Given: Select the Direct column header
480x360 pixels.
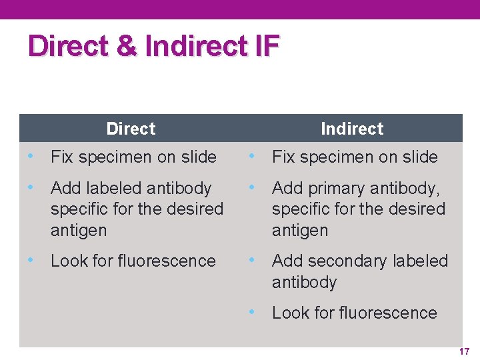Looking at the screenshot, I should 131,129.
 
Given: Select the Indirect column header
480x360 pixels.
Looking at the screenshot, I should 352,129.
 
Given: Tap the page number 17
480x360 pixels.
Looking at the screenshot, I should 464,351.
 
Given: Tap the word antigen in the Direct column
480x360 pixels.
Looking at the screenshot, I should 79,231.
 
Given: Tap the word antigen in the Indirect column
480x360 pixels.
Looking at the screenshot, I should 300,231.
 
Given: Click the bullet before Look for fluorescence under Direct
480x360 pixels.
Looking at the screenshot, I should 29,259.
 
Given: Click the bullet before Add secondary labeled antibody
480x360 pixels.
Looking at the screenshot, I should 251,259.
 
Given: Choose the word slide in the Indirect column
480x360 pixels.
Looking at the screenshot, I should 420,157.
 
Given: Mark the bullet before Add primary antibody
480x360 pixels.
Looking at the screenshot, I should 251,187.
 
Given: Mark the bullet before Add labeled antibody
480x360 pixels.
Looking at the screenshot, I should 29,187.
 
